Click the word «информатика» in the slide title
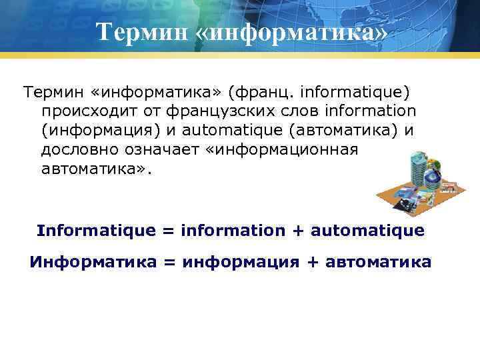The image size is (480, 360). pyautogui.click(x=291, y=32)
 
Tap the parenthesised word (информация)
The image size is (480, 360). pyautogui.click(x=95, y=130)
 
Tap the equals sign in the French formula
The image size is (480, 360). pyautogui.click(x=168, y=231)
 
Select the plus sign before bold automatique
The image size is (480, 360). pyautogui.click(x=297, y=231)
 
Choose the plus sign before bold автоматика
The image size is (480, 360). pyautogui.click(x=312, y=263)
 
